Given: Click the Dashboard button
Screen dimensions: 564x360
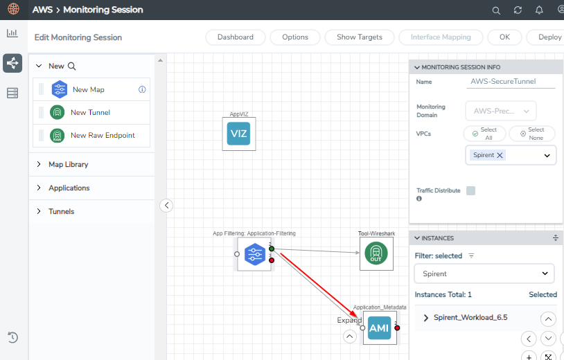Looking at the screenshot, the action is (x=236, y=37).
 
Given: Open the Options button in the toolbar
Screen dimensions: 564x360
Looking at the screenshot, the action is (x=295, y=37).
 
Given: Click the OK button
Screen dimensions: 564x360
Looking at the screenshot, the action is (x=504, y=37).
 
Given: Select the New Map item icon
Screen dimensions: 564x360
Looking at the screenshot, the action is (x=59, y=89).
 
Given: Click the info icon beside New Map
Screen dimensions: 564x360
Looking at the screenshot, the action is (x=142, y=89).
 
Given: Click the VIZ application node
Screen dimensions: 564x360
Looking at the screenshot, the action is (x=239, y=134).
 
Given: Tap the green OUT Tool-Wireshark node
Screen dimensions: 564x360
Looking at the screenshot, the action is (x=376, y=253).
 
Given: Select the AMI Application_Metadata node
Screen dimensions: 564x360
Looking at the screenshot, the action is (x=380, y=327).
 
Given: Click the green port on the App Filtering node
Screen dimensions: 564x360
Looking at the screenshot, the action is (x=272, y=249).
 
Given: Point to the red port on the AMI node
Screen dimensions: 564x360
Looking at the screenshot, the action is (x=397, y=327).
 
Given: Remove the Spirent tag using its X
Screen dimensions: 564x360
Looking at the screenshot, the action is (x=500, y=155).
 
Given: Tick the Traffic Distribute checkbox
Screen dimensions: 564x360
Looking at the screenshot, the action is (x=470, y=190).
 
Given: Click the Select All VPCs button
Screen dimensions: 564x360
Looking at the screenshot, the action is (x=484, y=134).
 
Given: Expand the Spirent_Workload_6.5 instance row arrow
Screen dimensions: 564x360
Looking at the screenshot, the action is (x=426, y=318).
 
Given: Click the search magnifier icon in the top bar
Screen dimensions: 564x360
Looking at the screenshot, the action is (x=496, y=10).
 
